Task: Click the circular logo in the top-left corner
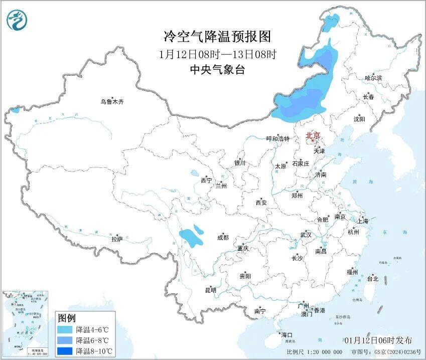click(17, 20)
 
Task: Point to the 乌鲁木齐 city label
click(111, 101)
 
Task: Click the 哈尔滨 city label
click(373, 78)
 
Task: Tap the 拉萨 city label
click(117, 239)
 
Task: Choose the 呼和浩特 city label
click(277, 139)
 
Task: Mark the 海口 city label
click(287, 334)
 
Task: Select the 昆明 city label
click(210, 290)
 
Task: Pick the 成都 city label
click(223, 238)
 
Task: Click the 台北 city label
click(373, 278)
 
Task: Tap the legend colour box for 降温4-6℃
click(64, 330)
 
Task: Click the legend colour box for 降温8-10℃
click(64, 350)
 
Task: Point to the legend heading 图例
click(66, 318)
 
